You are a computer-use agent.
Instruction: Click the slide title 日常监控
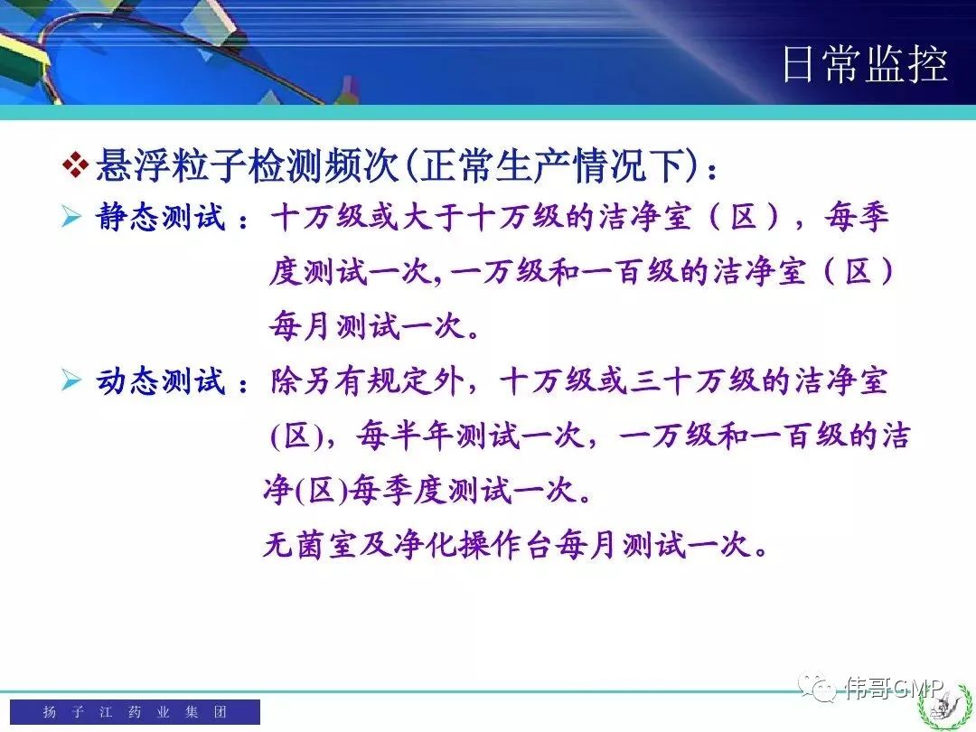point(865,63)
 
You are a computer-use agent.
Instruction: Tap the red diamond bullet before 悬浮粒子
point(75,165)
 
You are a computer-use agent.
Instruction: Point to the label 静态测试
point(160,218)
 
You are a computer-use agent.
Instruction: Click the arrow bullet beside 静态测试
point(71,217)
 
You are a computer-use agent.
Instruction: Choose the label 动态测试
point(160,381)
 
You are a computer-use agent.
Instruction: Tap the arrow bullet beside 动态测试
point(71,380)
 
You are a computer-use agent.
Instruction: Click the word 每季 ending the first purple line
point(857,218)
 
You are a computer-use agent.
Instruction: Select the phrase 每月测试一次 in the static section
point(367,326)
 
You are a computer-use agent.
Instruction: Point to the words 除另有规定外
point(367,381)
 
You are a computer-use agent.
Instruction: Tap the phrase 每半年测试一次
point(470,436)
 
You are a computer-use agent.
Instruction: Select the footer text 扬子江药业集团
point(135,711)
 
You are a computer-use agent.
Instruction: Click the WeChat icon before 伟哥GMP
point(818,687)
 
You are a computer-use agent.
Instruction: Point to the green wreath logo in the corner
point(945,707)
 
